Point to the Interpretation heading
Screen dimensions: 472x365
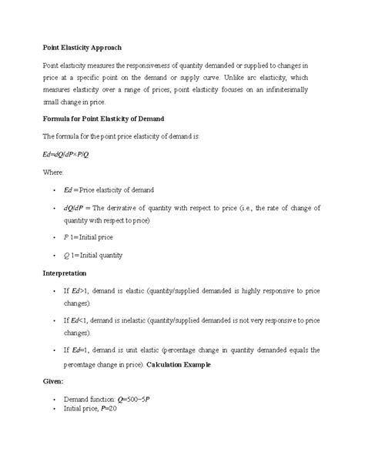[x=65, y=273]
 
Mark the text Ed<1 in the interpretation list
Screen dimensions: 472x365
[x=81, y=320]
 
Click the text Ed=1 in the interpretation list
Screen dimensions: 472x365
[x=81, y=350]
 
